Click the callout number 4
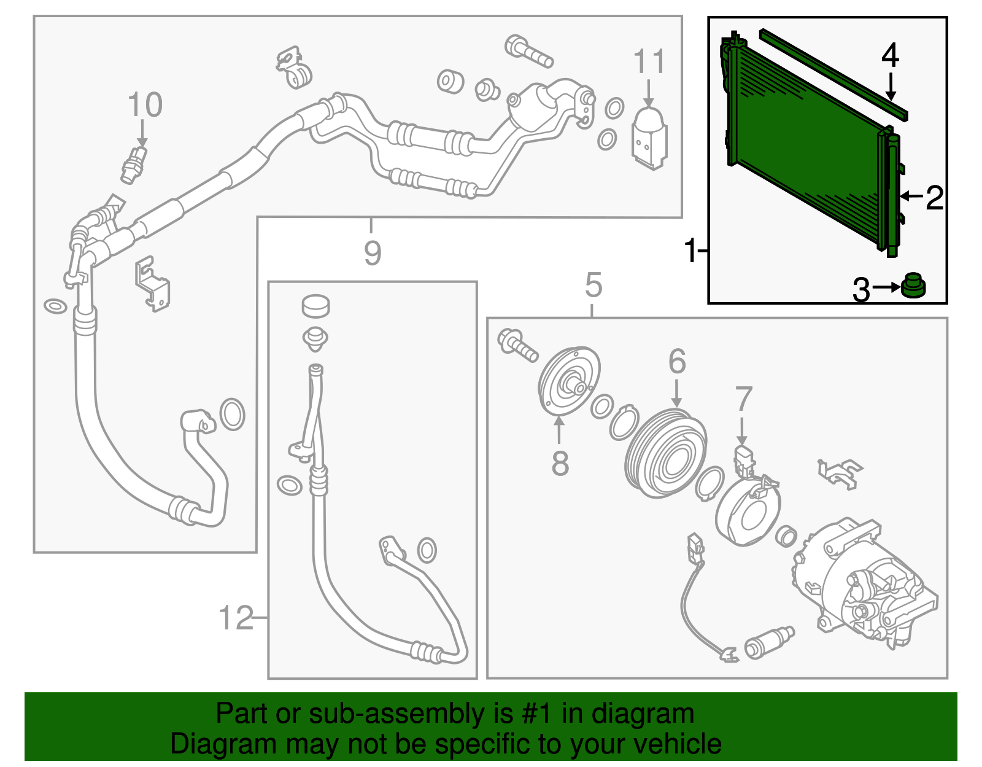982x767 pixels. (x=891, y=56)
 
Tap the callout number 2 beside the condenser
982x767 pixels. (x=935, y=198)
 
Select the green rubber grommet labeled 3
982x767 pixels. (x=913, y=286)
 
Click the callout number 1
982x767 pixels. (x=691, y=251)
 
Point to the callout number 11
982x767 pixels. (x=649, y=61)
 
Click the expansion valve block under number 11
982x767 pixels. (x=649, y=138)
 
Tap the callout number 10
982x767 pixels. (x=145, y=104)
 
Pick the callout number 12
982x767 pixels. (x=236, y=618)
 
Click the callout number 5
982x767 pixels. (x=593, y=285)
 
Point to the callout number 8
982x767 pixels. (x=560, y=464)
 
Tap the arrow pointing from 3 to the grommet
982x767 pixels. (x=886, y=287)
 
